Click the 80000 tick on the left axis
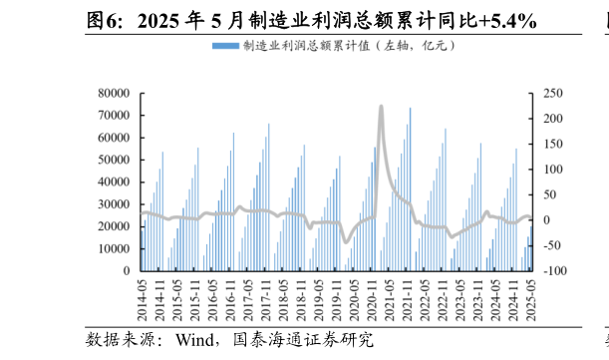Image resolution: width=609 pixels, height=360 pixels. tap(114, 94)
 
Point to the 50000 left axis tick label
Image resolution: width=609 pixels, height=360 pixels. tap(114, 160)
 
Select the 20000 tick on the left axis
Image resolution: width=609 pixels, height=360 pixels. tap(114, 226)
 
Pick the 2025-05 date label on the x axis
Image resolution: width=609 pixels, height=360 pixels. tap(532, 300)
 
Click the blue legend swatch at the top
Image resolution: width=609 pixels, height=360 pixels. tap(225, 46)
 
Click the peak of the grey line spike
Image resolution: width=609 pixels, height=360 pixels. tap(381, 106)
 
